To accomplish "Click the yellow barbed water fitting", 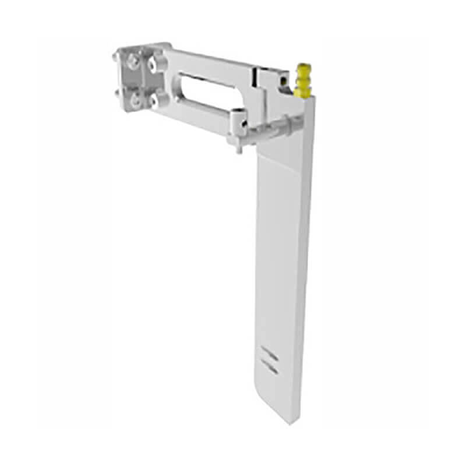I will (x=303, y=80).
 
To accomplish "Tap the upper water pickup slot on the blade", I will (x=269, y=354).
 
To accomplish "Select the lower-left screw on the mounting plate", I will (x=135, y=101).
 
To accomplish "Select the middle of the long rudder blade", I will (x=283, y=262).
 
